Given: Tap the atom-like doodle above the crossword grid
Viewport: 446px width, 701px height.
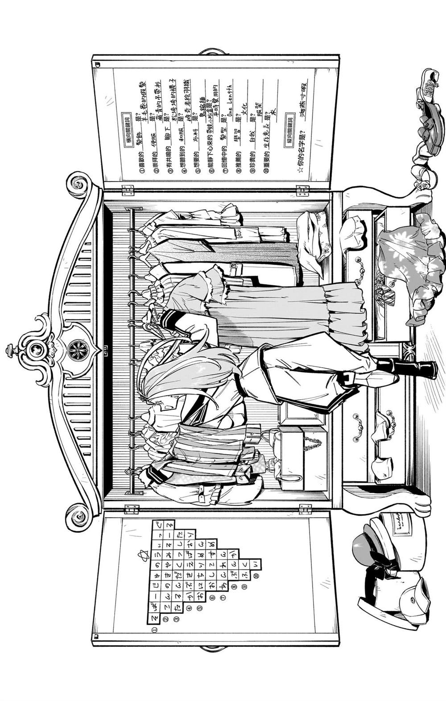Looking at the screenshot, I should pos(140,556).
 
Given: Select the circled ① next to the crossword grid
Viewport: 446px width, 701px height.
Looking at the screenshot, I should pos(154,630).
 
